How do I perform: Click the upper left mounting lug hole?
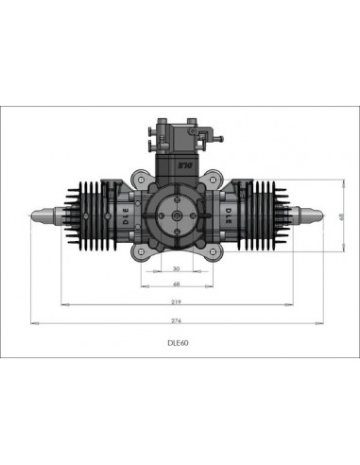pos(141,178)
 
